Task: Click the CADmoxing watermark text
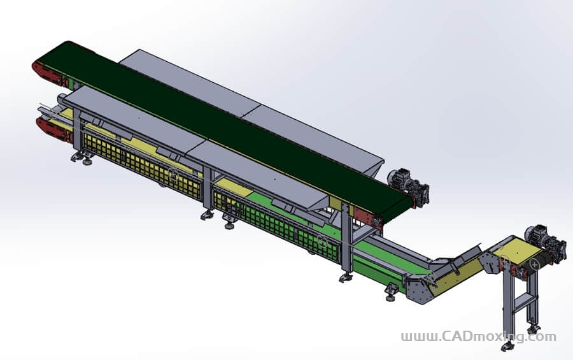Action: (478, 336)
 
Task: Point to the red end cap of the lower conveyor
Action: (53, 129)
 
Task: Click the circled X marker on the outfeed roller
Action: (535, 263)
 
